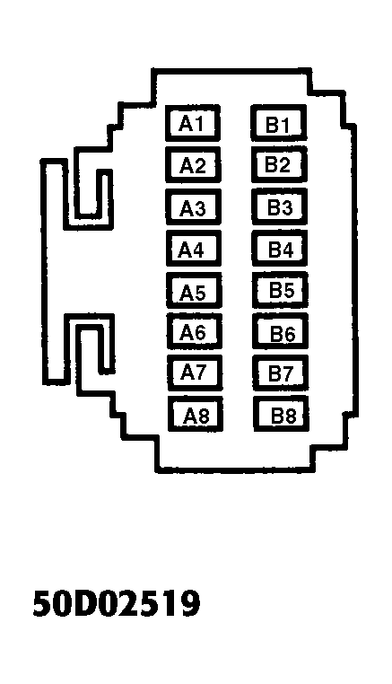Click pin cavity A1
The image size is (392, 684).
192,123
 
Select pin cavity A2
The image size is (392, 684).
193,164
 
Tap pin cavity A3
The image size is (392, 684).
193,206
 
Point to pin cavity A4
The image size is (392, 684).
193,249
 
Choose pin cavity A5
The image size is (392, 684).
194,290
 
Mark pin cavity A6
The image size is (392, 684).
195,331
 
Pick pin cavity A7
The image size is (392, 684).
195,373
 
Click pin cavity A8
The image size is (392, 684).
196,414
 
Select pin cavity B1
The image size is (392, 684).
279,123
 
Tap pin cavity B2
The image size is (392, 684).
279,164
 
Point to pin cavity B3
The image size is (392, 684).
280,206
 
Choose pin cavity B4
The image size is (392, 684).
280,249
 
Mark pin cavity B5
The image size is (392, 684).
281,290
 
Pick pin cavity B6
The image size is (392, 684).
281,331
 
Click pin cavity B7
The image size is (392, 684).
282,373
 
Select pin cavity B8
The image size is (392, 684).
282,414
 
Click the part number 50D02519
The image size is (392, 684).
117,603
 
